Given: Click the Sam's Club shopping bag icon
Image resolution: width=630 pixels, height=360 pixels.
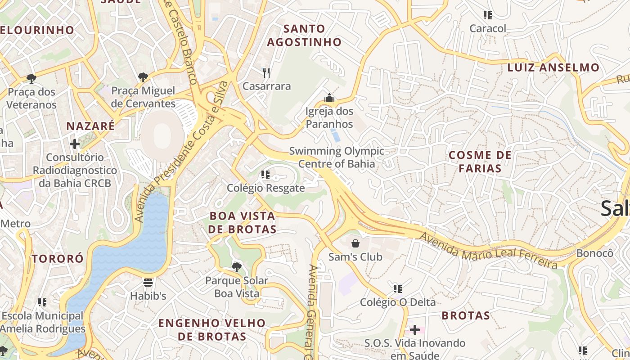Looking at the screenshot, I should tap(355, 243).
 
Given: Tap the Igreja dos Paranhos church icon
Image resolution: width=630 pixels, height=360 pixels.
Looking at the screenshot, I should tap(329, 98).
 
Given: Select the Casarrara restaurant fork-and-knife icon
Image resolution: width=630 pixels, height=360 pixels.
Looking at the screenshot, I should tap(266, 72).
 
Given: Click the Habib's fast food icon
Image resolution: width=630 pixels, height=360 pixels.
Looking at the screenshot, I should tap(148, 283).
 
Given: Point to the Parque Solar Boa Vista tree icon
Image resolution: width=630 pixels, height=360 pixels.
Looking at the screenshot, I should tap(236, 267).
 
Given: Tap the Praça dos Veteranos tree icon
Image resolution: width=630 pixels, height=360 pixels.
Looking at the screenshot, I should tap(31, 79).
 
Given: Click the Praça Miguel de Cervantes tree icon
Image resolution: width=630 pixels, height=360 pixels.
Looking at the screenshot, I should tap(143, 77).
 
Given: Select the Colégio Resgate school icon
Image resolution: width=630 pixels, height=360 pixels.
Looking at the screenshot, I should tap(265, 175).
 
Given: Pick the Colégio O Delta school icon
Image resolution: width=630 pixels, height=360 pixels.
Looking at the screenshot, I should tap(397, 288).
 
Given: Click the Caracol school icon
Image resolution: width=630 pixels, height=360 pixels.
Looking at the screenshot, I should tap(487, 15).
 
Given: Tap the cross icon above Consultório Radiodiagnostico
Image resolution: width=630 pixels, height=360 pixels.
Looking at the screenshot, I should tap(75, 144).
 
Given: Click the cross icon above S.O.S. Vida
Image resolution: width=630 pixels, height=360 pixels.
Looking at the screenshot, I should tap(414, 330).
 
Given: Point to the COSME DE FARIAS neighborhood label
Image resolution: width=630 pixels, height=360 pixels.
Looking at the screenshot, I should tap(480, 162).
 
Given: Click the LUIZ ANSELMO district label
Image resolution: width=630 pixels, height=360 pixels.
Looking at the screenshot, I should tap(553, 68).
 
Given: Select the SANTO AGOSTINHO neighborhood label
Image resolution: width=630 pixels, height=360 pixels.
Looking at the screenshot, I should tap(305, 36).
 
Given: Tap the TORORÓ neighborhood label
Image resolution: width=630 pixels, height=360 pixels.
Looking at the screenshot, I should tap(58, 259).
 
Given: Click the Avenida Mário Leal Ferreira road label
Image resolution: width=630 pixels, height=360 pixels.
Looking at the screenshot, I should tap(488, 250).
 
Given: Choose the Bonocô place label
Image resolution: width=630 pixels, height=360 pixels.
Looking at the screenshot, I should tap(594, 253).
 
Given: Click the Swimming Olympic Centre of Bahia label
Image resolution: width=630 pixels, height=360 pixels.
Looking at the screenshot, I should tap(337, 157).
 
